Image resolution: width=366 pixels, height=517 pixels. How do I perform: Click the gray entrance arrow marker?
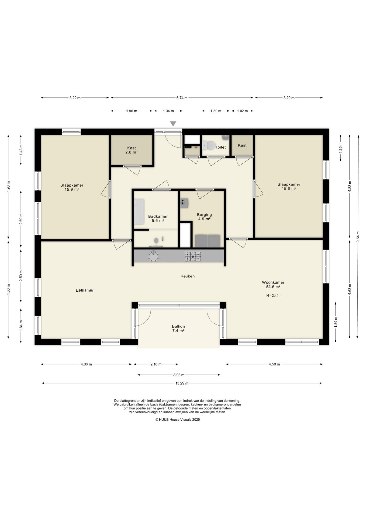pos(173,124)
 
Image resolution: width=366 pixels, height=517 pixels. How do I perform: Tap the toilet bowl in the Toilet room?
pos(209,146)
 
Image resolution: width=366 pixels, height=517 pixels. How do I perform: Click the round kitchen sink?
pos(153,256)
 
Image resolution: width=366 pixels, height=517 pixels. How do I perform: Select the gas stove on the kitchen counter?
pos(193,256)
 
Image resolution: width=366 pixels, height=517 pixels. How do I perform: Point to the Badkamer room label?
pos(158,216)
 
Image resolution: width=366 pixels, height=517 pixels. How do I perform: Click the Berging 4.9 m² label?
pos(204,217)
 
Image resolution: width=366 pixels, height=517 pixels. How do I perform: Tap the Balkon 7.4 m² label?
pos(178,329)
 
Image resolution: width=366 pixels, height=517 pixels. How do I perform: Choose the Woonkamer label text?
pos(273,282)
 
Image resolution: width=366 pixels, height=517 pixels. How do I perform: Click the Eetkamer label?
pos(85,290)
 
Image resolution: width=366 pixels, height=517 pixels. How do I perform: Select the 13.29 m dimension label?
pos(182,383)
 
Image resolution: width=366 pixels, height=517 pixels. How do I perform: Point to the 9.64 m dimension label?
pos(358,237)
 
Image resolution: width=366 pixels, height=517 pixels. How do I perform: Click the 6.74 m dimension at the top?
pos(182,98)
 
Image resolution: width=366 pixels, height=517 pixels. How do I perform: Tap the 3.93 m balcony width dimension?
pos(179,375)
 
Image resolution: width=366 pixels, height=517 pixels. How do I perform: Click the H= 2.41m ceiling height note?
pos(274,295)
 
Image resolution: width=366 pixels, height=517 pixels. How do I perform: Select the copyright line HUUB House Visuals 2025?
pos(178,420)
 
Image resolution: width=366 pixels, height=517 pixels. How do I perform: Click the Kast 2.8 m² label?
pos(132,150)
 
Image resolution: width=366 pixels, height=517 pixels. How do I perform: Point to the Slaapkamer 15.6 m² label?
pos(289,187)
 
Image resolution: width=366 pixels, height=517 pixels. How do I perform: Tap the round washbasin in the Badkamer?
pos(156,240)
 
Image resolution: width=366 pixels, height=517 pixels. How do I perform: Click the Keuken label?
pos(188,276)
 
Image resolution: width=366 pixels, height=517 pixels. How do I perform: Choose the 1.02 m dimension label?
pos(242,111)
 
